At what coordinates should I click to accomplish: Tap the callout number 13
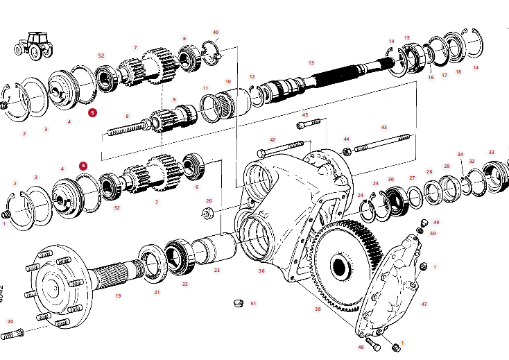(311, 63)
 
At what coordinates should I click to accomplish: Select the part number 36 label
(261, 271)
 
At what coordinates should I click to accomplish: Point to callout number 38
(318, 309)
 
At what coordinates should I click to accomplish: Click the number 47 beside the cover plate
(424, 304)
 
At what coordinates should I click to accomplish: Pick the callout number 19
(118, 296)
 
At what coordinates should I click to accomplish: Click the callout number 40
(216, 33)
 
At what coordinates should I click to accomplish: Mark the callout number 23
(216, 271)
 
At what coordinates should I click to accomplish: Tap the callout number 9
(175, 99)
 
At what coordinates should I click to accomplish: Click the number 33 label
(491, 153)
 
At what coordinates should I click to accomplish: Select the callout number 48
(361, 347)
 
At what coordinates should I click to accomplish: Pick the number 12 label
(252, 76)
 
